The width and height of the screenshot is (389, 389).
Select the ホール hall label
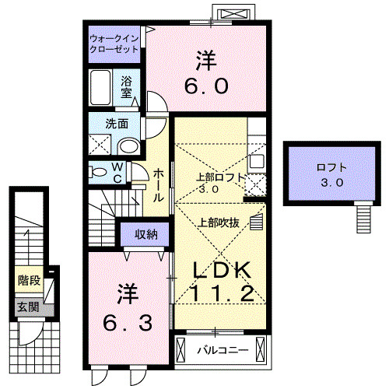(x=157, y=186)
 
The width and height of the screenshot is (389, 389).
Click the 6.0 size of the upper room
(x=205, y=85)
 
